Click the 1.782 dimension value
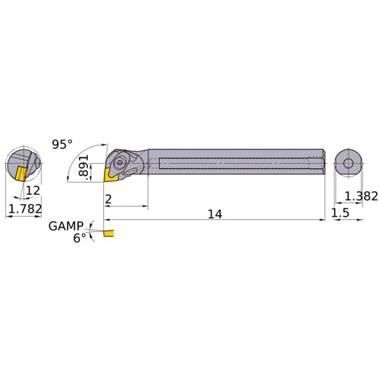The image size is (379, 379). pyautogui.click(x=23, y=208)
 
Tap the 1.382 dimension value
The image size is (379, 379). pyautogui.click(x=359, y=196)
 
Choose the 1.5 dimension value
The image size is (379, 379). pyautogui.click(x=341, y=215)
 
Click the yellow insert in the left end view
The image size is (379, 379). pyautogui.click(x=16, y=173)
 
